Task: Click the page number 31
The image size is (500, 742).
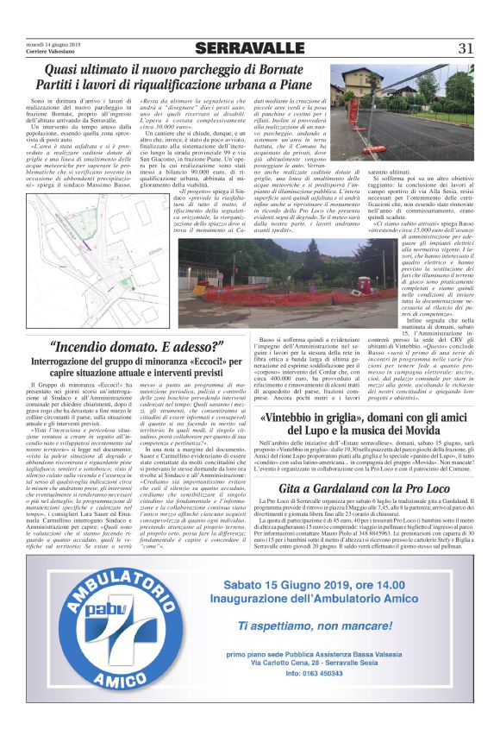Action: [x=466, y=47]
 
